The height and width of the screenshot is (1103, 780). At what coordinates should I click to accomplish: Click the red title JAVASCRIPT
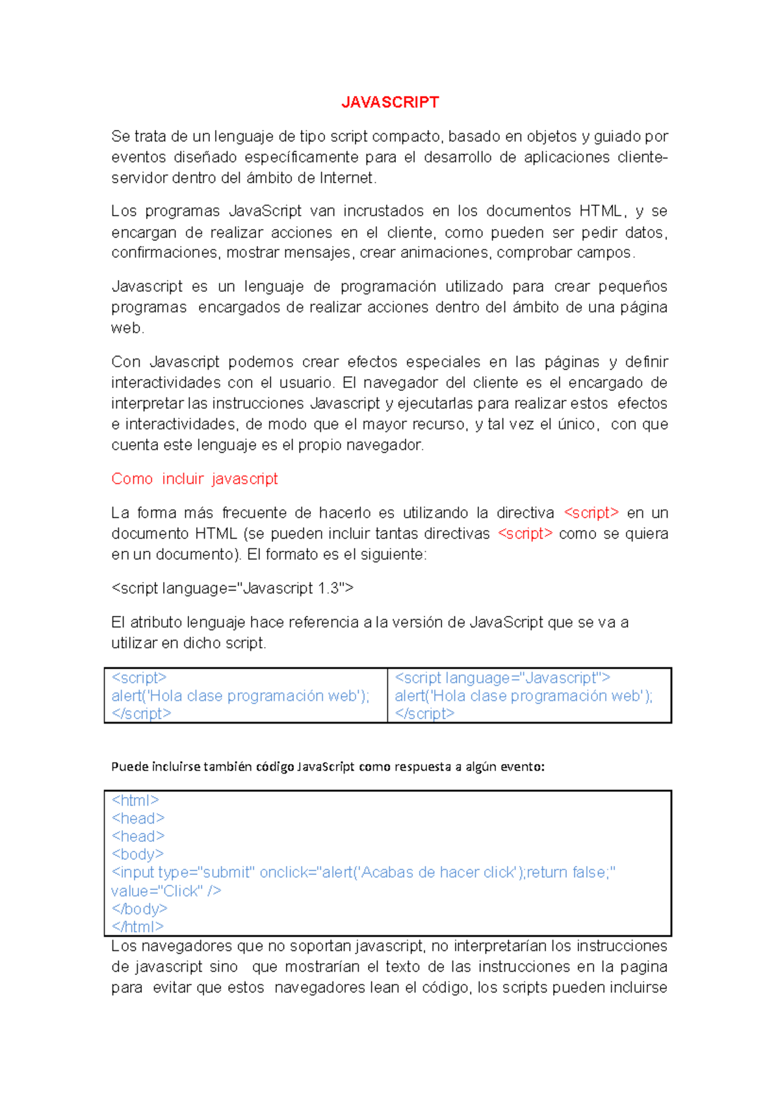[390, 103]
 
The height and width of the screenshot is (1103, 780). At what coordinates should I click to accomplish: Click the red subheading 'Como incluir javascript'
[194, 479]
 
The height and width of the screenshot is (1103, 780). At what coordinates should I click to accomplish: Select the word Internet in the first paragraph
[346, 178]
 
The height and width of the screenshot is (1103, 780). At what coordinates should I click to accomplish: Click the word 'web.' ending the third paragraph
[127, 328]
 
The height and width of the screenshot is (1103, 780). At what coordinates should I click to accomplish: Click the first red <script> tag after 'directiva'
[591, 513]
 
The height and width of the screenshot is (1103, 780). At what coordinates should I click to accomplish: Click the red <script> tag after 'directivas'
[525, 534]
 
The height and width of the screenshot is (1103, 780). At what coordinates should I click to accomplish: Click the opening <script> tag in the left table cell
[139, 678]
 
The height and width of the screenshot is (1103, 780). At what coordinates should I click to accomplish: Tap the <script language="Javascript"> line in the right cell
[502, 678]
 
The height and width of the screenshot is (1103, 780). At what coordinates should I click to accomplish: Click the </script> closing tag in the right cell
[424, 714]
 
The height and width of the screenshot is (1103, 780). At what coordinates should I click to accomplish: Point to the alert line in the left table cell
[240, 696]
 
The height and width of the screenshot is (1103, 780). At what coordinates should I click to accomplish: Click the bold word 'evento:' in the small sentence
[522, 767]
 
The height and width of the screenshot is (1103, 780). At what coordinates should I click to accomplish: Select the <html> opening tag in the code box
[135, 800]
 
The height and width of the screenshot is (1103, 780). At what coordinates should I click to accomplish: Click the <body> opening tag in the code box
[137, 854]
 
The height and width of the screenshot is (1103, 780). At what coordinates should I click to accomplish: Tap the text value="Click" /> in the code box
[166, 891]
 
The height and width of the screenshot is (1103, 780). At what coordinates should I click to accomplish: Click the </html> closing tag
[137, 927]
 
